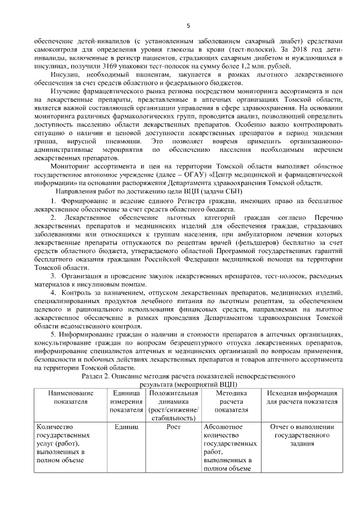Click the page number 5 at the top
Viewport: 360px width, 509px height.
click(x=188, y=25)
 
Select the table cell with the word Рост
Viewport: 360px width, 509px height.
click(x=174, y=427)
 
